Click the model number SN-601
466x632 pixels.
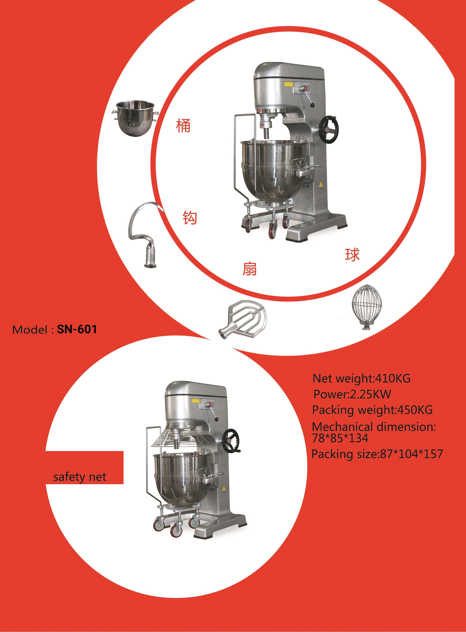[77, 329]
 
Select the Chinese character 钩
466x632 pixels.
[190, 218]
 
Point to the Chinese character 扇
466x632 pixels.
[249, 269]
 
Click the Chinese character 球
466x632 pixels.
[352, 255]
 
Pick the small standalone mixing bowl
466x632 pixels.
[135, 118]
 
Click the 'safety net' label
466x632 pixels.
[80, 477]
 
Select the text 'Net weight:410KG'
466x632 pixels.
[361, 378]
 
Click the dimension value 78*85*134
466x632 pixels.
[340, 438]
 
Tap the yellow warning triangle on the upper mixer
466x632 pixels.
[320, 185]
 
